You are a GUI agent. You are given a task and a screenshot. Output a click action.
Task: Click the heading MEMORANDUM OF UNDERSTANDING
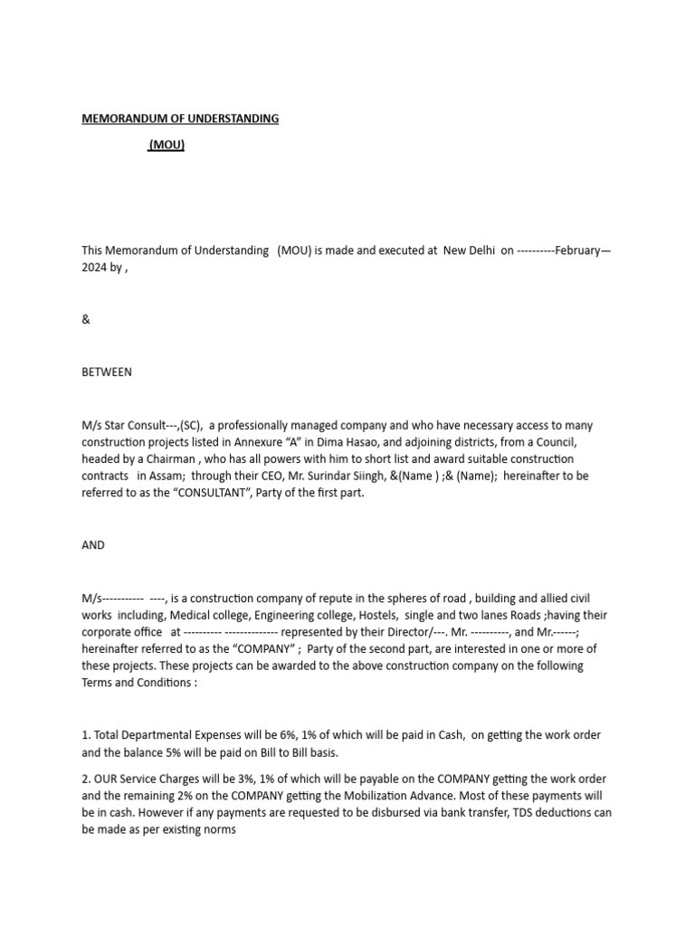click(180, 118)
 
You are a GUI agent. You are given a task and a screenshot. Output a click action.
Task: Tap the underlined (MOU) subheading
click(167, 144)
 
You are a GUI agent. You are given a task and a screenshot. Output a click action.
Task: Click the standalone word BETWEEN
click(107, 372)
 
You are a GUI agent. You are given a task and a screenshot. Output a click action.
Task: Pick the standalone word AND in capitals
click(93, 545)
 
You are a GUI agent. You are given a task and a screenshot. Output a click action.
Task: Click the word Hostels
click(379, 615)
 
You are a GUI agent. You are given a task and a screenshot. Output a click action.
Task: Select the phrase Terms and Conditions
click(135, 683)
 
